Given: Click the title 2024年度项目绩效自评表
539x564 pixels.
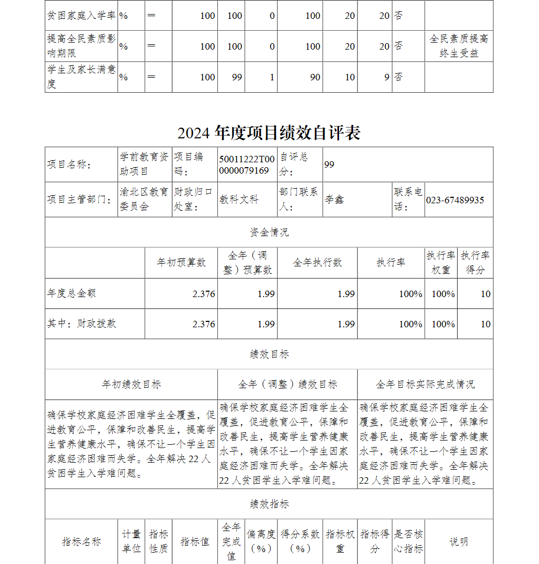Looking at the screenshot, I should [269, 133].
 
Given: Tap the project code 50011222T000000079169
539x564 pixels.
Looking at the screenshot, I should [247, 164].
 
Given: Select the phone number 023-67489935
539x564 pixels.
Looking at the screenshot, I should [455, 200].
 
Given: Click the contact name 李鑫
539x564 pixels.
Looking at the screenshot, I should [334, 200].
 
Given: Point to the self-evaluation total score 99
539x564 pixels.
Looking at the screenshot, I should [329, 164].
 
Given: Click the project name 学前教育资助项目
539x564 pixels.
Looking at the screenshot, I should [144, 164].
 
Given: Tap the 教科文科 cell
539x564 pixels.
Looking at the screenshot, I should [239, 200].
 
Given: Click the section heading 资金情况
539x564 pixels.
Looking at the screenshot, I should [269, 232].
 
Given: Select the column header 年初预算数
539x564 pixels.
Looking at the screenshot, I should [181, 263].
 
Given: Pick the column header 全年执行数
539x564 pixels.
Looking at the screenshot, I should [317, 263].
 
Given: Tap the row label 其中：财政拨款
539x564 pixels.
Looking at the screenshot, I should [81, 324].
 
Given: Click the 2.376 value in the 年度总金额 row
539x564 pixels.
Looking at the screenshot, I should [203, 294].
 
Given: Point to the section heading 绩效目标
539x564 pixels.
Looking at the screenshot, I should [269, 354].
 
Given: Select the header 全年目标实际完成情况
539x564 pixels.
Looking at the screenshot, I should [425, 384].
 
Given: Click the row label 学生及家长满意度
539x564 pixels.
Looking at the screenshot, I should [81, 77].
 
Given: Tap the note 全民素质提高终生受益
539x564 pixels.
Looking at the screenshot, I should [459, 46].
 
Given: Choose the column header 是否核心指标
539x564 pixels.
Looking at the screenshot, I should [408, 541].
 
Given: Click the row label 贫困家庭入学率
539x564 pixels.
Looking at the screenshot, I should [81, 15].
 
